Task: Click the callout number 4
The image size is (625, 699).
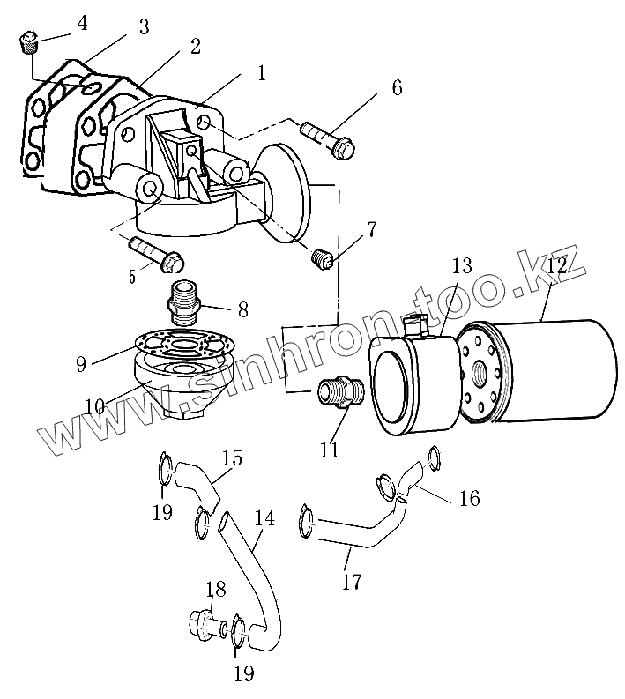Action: click(x=82, y=22)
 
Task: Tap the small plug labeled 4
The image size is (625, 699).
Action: click(x=26, y=40)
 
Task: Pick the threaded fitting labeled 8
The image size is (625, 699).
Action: click(x=184, y=300)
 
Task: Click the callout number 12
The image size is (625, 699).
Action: click(x=556, y=264)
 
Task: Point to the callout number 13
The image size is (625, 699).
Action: click(x=462, y=265)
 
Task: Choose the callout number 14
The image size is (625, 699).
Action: click(x=264, y=517)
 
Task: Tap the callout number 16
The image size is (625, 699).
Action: click(x=469, y=498)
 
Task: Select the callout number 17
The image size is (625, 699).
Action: click(x=351, y=582)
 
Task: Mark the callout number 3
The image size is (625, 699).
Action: click(x=144, y=27)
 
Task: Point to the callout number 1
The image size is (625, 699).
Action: click(x=261, y=73)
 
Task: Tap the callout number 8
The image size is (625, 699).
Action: click(x=242, y=309)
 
